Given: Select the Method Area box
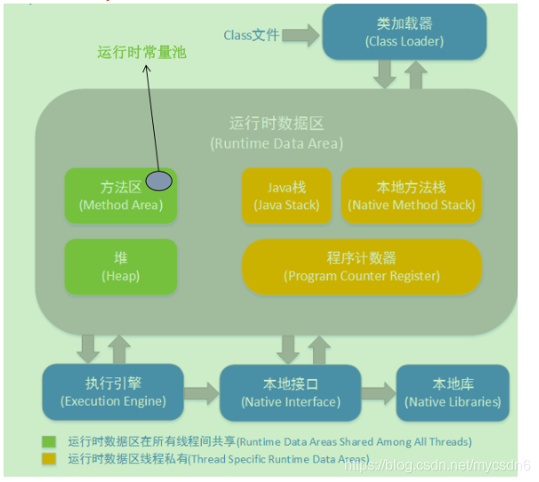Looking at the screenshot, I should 121,196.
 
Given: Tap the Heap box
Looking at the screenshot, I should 121,266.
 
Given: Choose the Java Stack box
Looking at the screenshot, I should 286,196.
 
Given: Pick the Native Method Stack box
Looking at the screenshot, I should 411,196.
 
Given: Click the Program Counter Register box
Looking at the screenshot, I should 361,266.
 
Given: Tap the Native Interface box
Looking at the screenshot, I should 289,392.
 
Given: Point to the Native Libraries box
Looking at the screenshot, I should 453,392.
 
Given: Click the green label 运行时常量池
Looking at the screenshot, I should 142,52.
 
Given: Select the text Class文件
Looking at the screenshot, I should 251,36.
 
